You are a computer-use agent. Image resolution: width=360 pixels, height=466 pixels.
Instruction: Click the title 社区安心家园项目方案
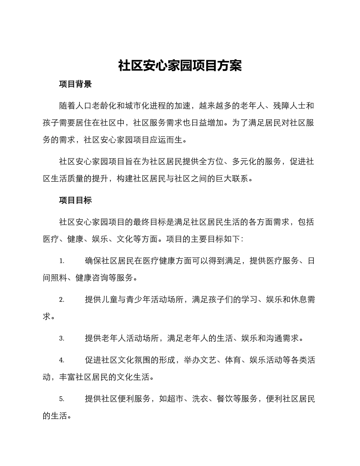point(180,66)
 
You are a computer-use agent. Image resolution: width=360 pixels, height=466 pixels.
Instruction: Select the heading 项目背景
point(75,84)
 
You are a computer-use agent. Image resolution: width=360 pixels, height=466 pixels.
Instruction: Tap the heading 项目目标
point(75,200)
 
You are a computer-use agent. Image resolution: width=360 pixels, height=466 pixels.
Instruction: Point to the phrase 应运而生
point(166,139)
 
